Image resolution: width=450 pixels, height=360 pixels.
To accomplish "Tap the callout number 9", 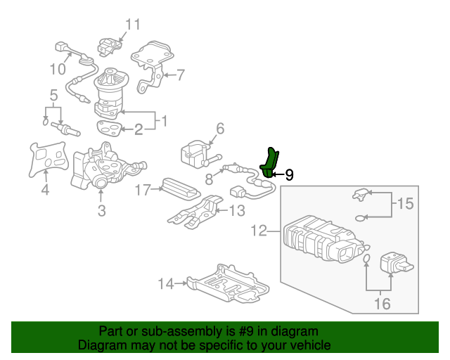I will tap(289, 174).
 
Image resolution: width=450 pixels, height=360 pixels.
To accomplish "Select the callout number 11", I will tap(133, 25).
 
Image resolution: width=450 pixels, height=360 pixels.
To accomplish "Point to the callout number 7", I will tap(180, 75).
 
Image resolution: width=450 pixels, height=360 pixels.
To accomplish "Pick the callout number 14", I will tap(165, 284).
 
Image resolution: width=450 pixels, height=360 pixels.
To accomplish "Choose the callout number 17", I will tap(143, 189).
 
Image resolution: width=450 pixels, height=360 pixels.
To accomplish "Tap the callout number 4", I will tap(45, 189).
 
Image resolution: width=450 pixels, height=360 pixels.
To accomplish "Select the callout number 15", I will tap(406, 205).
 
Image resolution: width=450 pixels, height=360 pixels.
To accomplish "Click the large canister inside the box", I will tap(320, 239).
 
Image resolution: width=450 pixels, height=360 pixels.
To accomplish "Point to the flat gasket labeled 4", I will tap(46, 157).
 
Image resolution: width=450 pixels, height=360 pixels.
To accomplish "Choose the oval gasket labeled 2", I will tap(108, 127).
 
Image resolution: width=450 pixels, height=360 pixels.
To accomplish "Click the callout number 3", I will tap(101, 210).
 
